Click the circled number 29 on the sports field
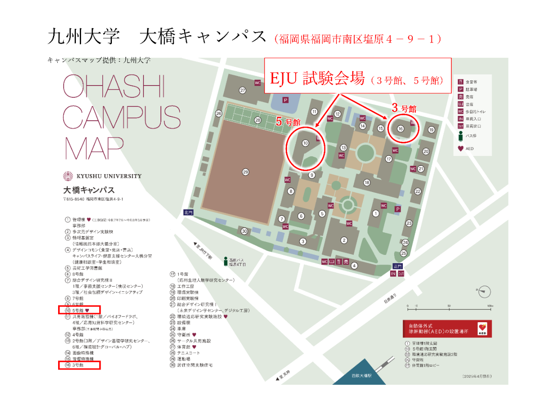(x=245, y=172)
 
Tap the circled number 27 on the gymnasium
(x=243, y=90)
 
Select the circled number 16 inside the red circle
(x=401, y=129)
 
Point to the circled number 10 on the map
(x=305, y=143)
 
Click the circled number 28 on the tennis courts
(x=258, y=120)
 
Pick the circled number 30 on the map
(x=245, y=231)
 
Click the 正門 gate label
(x=398, y=266)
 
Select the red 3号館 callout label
(x=404, y=108)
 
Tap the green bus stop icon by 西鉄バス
(x=225, y=261)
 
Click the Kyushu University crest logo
(x=69, y=176)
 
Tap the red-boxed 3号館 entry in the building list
(x=79, y=366)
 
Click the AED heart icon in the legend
(x=460, y=149)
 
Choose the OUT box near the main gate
(x=401, y=274)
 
